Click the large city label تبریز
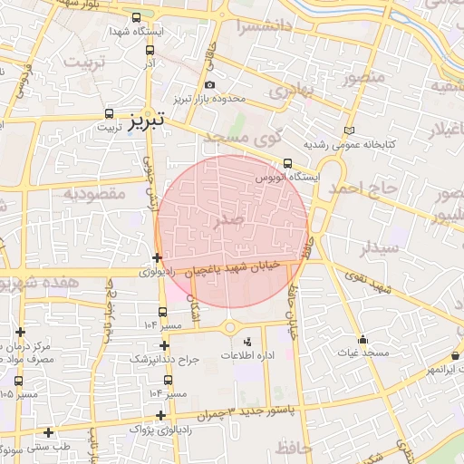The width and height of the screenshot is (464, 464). pyautogui.click(x=146, y=119)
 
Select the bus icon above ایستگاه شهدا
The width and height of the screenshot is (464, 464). pyautogui.click(x=136, y=17)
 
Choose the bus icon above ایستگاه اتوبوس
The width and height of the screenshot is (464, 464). pyautogui.click(x=287, y=164)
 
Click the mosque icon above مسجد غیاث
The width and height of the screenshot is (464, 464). pyautogui.click(x=362, y=339)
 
